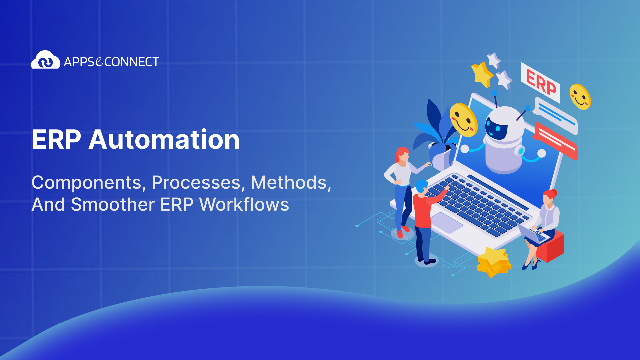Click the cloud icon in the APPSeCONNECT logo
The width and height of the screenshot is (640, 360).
(x=45, y=60)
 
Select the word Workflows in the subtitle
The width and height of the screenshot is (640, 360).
(x=244, y=204)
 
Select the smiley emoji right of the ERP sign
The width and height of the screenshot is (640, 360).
(x=580, y=97)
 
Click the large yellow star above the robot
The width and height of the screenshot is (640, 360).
(x=482, y=74)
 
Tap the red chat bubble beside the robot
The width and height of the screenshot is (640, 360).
(x=555, y=140)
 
